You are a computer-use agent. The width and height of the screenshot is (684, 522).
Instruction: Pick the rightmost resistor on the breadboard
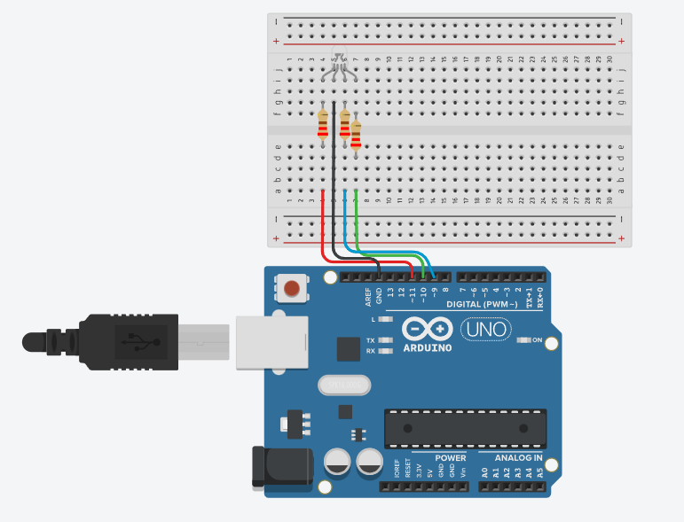tap(356, 135)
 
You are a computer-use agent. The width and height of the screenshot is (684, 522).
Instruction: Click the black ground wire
tap(334, 177)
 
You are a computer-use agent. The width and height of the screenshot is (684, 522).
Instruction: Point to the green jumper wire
tap(356, 222)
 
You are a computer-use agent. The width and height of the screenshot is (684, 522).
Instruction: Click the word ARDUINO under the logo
tap(427, 347)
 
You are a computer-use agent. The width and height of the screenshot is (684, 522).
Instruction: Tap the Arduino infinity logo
tap(427, 329)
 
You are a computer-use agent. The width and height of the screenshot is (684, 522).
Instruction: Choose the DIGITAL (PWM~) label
tap(487, 304)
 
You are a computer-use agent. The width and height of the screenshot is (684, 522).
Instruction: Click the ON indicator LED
tap(524, 339)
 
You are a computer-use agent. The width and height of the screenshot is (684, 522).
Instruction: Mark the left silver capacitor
tap(337, 462)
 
